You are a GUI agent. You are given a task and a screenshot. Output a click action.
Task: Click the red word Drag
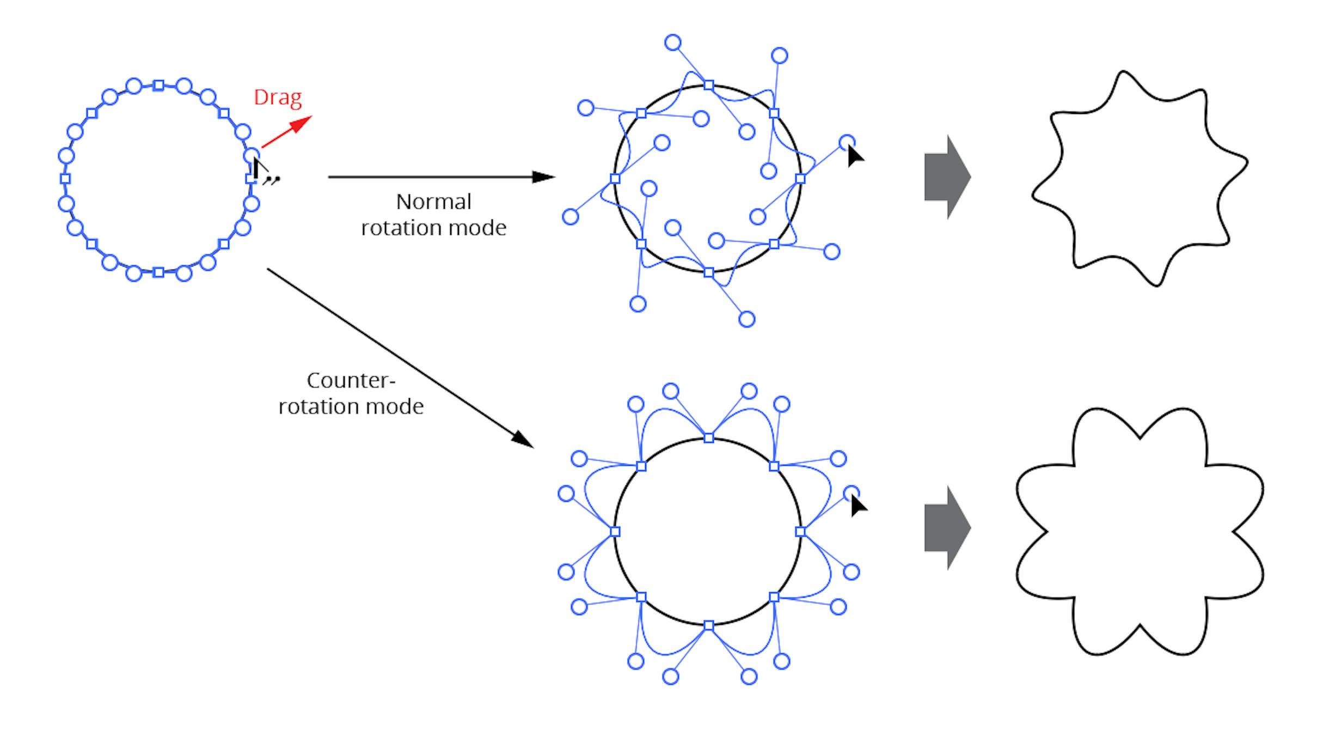(x=277, y=97)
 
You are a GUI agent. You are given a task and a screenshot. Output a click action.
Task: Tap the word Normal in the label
(x=433, y=202)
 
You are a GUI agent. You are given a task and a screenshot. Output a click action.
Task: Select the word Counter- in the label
(x=351, y=380)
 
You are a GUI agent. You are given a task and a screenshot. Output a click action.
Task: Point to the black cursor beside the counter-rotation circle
(x=858, y=506)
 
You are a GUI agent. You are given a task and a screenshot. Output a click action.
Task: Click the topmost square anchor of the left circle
(x=158, y=86)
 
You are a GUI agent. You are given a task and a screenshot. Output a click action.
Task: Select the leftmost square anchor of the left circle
(x=65, y=179)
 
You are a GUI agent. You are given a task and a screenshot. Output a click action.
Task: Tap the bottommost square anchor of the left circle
(x=158, y=272)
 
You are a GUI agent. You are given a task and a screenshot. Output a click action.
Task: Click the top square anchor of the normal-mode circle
(x=708, y=86)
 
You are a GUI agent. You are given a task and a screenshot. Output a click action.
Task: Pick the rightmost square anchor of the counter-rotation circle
(x=800, y=531)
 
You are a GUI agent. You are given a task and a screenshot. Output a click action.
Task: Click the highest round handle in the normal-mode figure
(x=673, y=42)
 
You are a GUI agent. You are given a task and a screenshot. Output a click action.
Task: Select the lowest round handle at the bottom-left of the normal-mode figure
(x=638, y=304)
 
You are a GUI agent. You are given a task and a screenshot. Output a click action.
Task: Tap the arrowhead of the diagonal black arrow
(x=523, y=440)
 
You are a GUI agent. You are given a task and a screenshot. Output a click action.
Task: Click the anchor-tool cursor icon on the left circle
(x=260, y=170)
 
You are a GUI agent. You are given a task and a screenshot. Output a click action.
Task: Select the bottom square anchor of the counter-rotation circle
(x=708, y=625)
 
